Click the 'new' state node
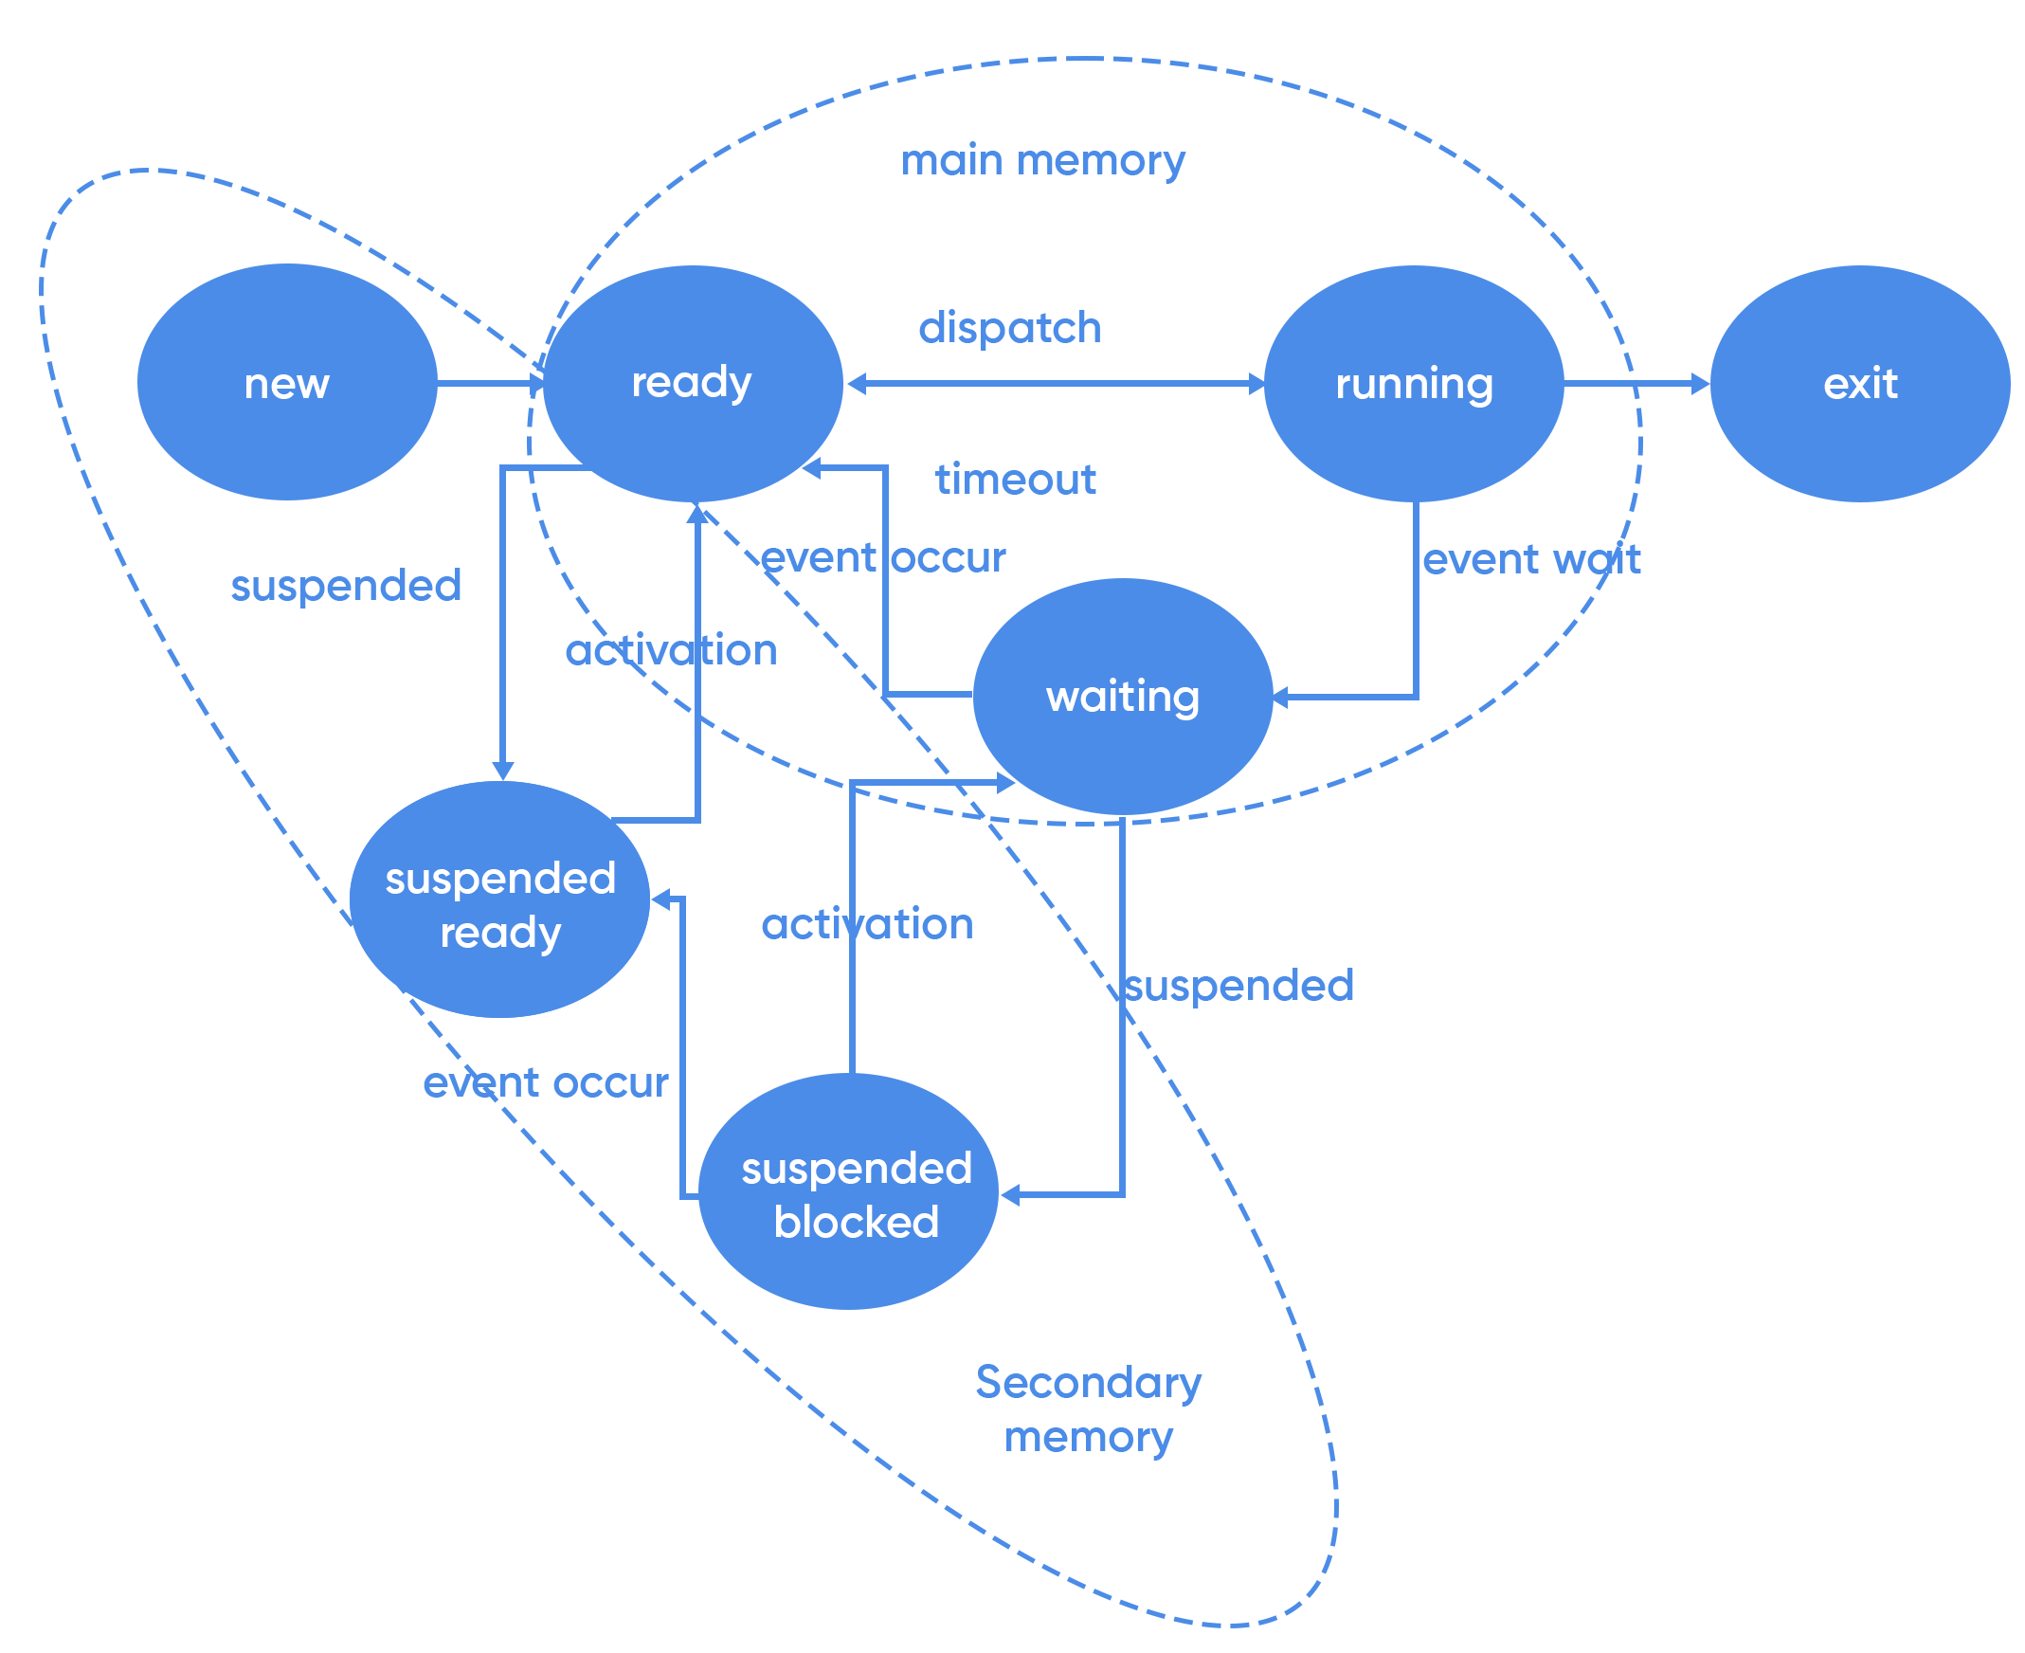[x=286, y=383]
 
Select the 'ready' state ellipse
[x=692, y=383]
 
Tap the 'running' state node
[x=1413, y=383]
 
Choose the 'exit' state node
[x=1859, y=383]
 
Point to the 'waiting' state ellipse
[x=1122, y=696]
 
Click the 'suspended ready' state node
[x=499, y=899]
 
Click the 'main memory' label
[x=1042, y=160]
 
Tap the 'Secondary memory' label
[x=1088, y=1408]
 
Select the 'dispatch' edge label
[x=1009, y=328]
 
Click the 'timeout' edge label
[x=1015, y=479]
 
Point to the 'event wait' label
[x=1531, y=559]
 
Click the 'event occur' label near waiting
[x=882, y=558]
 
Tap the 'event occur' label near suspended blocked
[x=546, y=1082]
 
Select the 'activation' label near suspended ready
[x=671, y=650]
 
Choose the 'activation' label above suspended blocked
[x=866, y=924]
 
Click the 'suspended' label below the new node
[x=346, y=586]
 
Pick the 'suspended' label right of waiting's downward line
[x=1239, y=986]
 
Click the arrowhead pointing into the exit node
[x=1700, y=384]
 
